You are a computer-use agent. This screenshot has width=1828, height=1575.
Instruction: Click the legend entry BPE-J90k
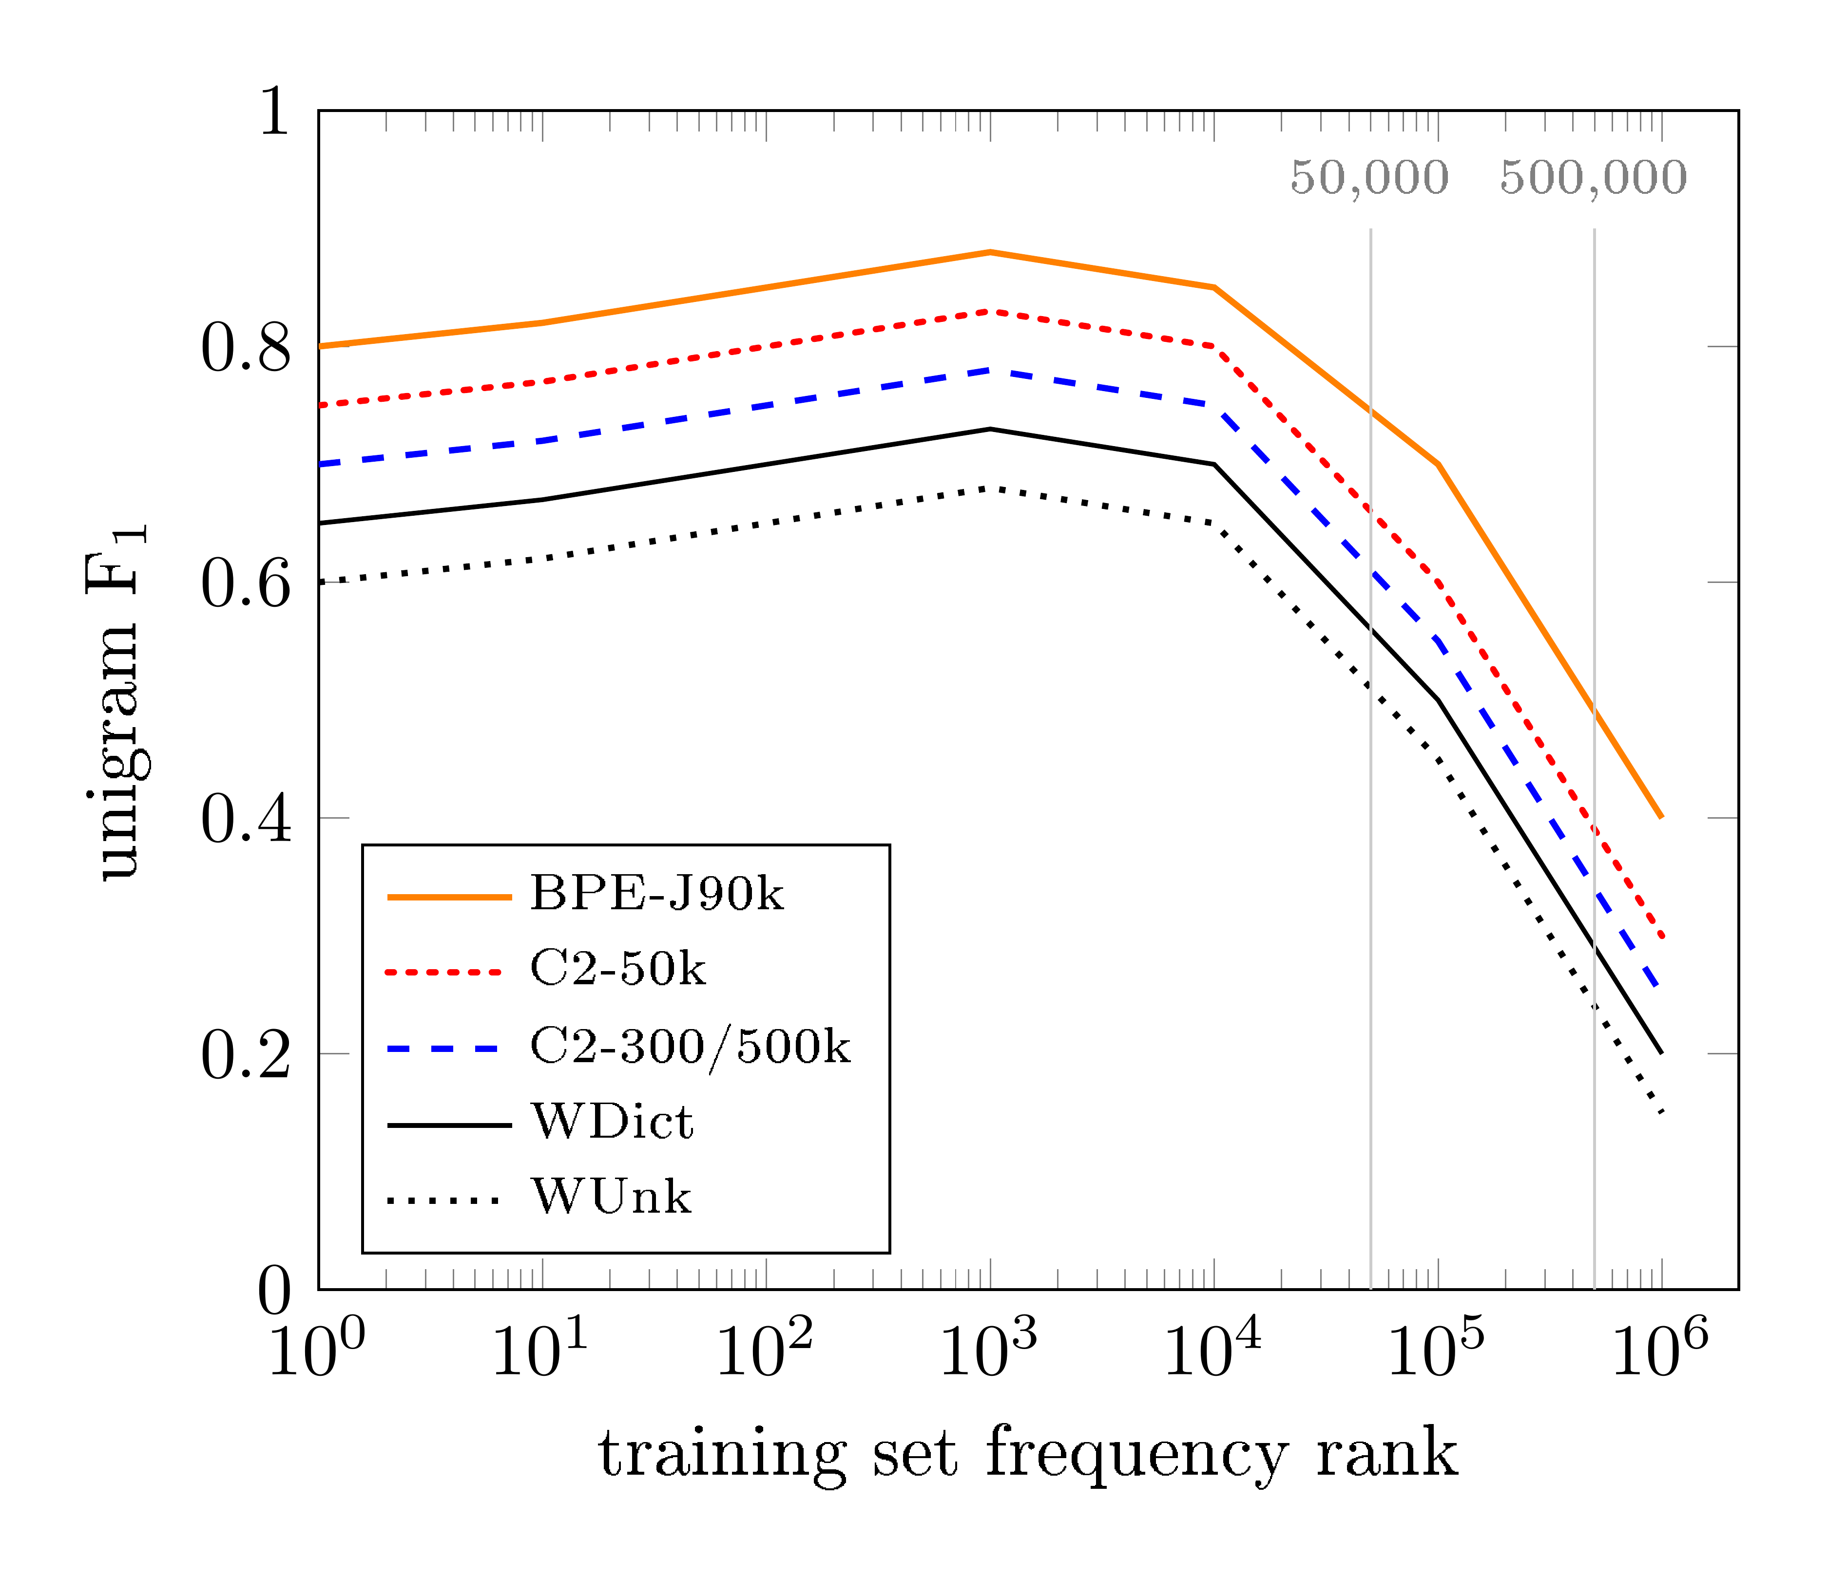656,894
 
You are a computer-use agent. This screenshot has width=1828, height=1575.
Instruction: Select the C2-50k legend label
617,969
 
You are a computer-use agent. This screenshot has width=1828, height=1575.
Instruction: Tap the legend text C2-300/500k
690,1047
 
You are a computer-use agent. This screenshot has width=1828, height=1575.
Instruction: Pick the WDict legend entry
612,1122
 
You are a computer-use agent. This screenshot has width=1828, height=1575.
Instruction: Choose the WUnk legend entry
611,1197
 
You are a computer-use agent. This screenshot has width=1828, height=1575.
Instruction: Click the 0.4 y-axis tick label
245,819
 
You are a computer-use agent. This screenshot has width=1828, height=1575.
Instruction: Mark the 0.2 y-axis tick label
245,1055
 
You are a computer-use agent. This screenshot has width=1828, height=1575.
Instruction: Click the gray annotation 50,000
1369,178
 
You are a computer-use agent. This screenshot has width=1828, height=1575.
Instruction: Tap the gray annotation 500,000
1593,178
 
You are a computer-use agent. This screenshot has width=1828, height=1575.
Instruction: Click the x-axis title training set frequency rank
1028,1454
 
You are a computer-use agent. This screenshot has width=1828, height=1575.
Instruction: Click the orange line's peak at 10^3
990,252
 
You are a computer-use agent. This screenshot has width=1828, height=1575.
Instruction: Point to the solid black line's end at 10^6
1661,1053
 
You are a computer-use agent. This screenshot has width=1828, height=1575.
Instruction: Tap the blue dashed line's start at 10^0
319,464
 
